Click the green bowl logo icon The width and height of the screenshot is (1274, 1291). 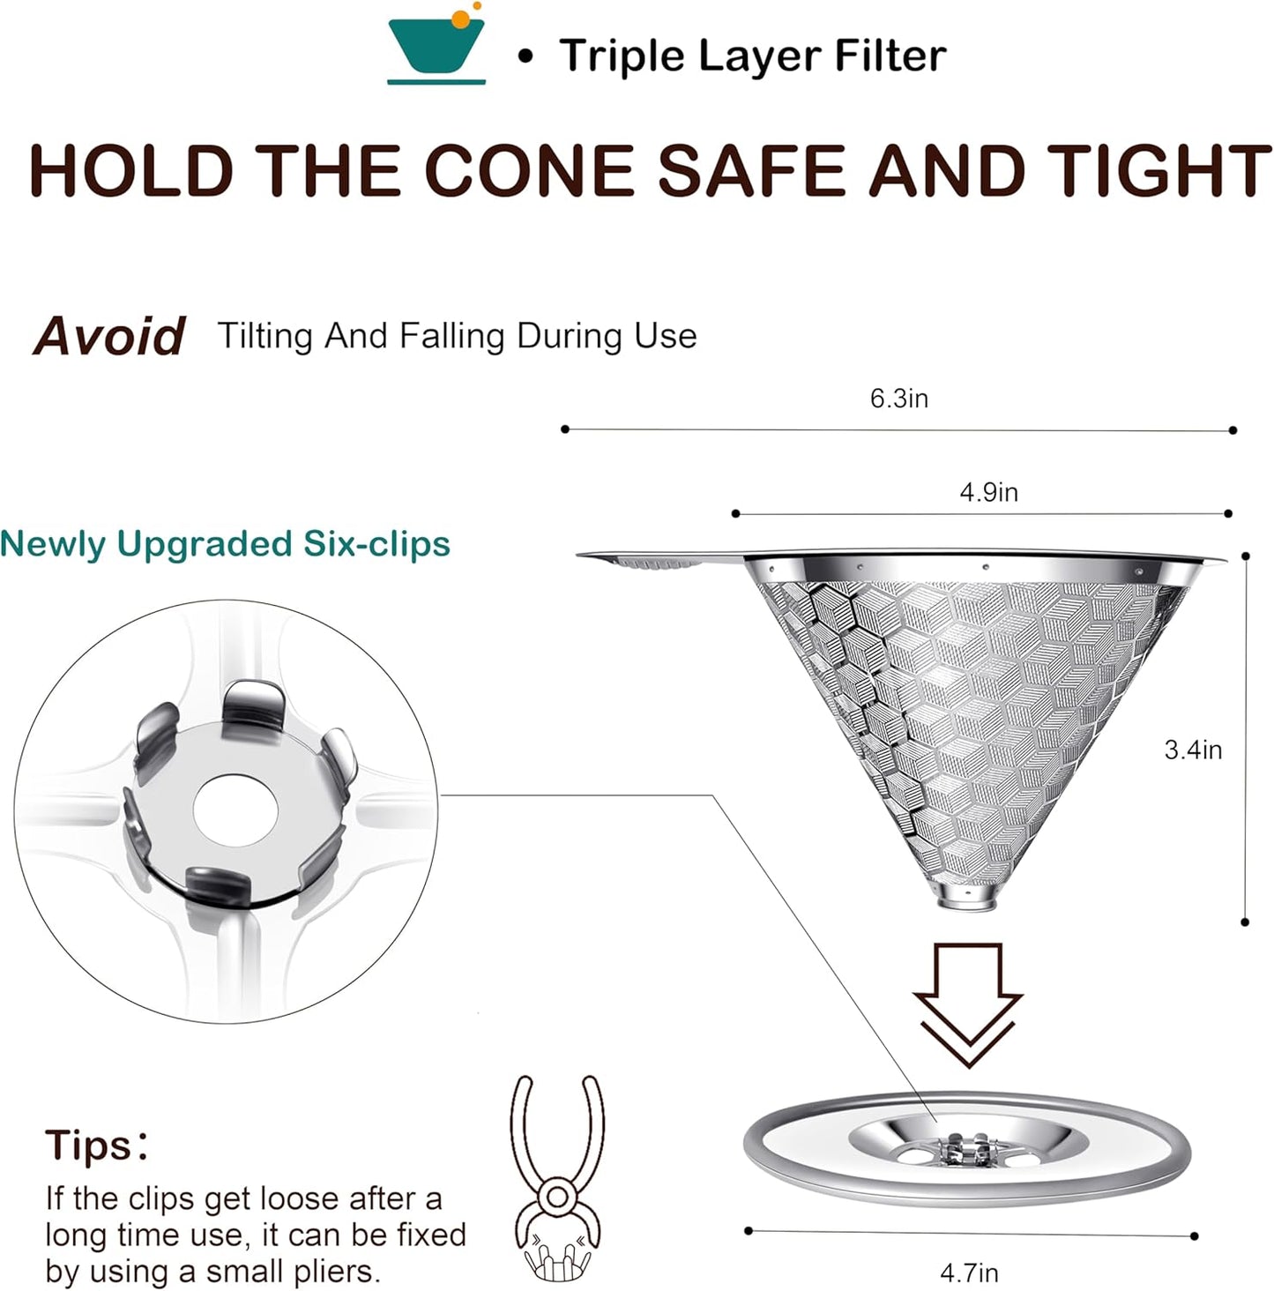pos(436,44)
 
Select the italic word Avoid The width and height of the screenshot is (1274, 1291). pos(109,336)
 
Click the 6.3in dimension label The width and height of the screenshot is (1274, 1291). pos(899,399)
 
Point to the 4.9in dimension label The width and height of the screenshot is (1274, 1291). pos(988,492)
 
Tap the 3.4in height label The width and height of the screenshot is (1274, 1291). pos(1193,750)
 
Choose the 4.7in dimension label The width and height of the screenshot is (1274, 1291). pos(969,1272)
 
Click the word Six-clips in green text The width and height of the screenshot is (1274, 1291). pos(376,543)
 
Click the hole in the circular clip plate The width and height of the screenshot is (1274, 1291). pos(235,809)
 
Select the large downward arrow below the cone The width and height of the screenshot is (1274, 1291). pos(968,1004)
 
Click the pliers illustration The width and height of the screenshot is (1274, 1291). pos(556,1175)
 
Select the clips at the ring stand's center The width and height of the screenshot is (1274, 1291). pos(965,1151)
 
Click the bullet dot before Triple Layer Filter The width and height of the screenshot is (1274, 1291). pos(526,57)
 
